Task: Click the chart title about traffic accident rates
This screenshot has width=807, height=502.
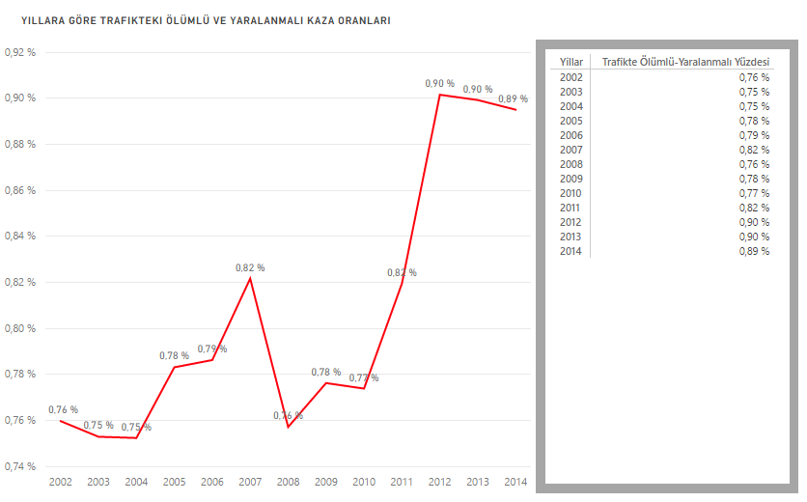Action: (x=199, y=19)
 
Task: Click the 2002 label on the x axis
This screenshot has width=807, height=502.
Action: (x=60, y=482)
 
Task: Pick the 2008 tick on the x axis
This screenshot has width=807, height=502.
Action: (x=289, y=482)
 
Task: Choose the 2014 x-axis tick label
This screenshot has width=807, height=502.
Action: (x=515, y=482)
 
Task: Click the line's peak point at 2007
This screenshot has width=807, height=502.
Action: (x=250, y=278)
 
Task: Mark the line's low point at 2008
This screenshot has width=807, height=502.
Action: (x=288, y=427)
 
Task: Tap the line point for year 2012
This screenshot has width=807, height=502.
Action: (x=440, y=95)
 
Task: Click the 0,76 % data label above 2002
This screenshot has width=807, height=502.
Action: (x=63, y=409)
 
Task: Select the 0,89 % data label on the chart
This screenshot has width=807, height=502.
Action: (x=513, y=98)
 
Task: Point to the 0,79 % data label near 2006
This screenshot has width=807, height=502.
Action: (x=212, y=349)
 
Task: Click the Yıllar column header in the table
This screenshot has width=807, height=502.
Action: (x=570, y=62)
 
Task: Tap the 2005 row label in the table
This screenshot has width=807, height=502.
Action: (x=570, y=121)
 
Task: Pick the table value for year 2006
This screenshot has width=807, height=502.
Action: (x=754, y=135)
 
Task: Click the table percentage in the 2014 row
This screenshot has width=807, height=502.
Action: (x=754, y=251)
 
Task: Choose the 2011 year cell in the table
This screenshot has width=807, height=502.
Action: (x=570, y=208)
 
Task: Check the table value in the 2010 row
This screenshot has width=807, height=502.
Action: (x=754, y=193)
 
